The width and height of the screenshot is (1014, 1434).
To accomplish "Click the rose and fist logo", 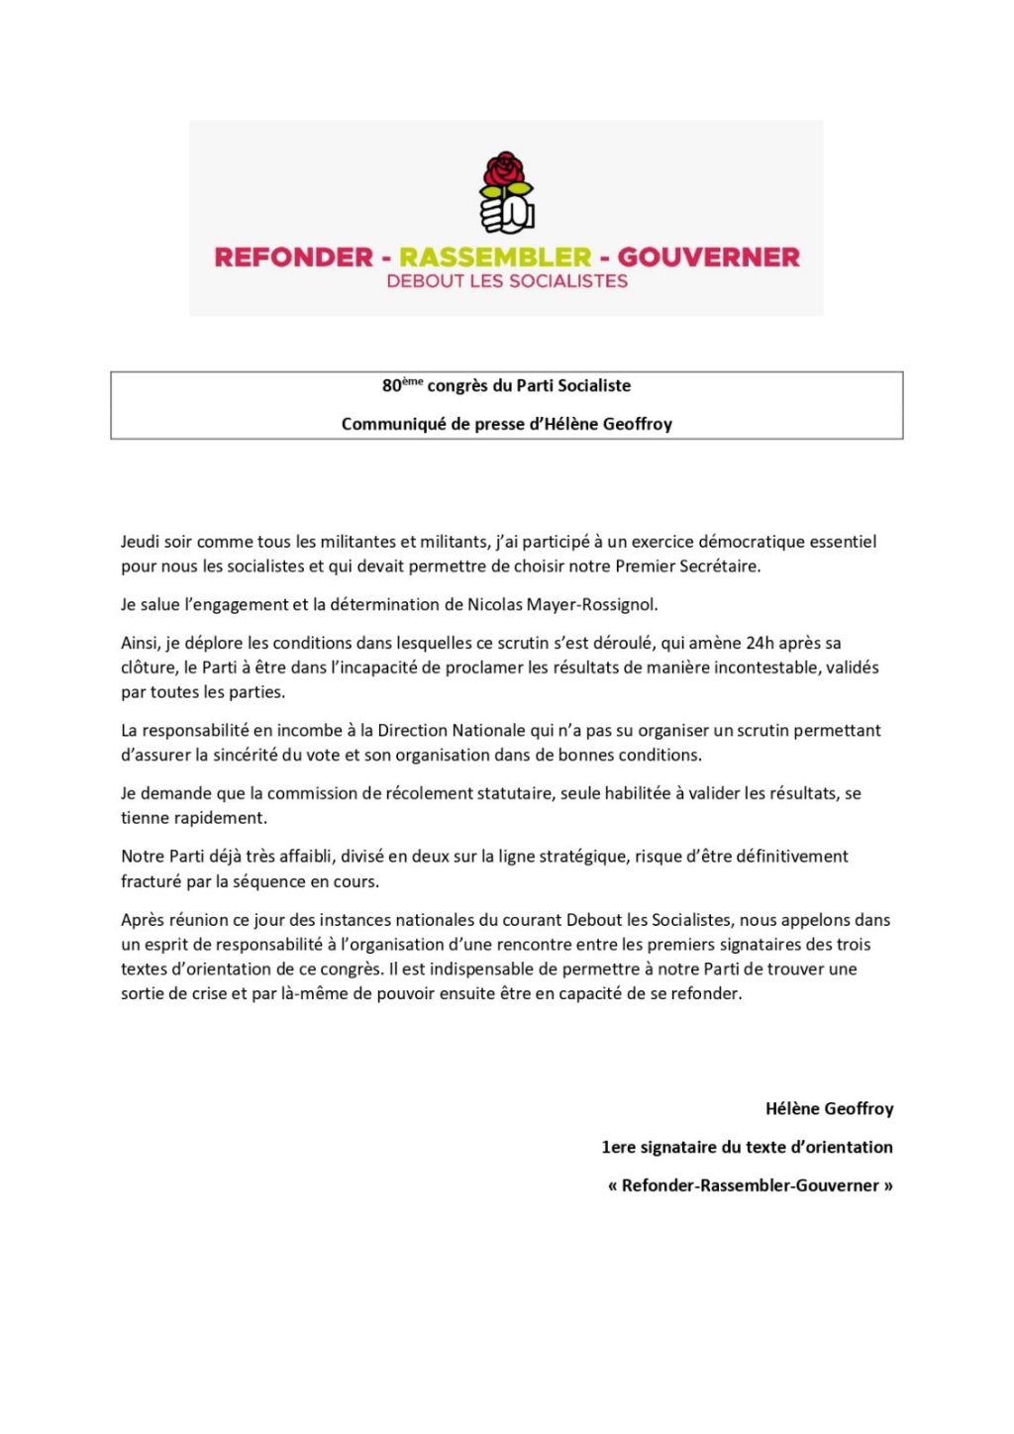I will point(507,191).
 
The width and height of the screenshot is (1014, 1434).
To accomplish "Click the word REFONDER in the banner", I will point(293,257).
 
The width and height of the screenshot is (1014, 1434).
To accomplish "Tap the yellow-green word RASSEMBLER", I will point(495,257).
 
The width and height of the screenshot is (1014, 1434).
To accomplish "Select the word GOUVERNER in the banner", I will point(708,257).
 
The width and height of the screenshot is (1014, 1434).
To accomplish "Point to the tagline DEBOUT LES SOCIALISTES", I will point(507,281).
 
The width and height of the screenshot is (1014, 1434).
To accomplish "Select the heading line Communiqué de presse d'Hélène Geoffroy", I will point(507,424).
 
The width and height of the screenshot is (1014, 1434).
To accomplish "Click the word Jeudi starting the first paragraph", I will point(141,542).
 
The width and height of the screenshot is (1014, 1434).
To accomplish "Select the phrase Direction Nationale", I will point(452,730).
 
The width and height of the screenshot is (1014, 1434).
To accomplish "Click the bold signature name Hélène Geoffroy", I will point(829,1108).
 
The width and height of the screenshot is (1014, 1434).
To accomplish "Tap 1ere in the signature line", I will point(618,1147).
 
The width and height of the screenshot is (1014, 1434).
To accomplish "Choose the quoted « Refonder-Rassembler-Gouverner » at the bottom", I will point(750,1185).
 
